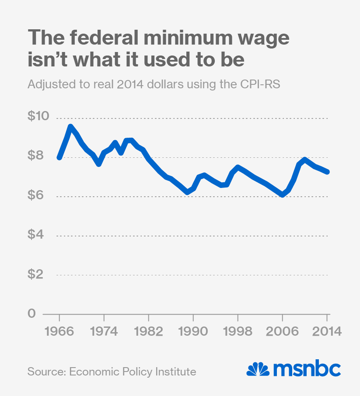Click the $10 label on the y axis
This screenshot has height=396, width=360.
point(38,117)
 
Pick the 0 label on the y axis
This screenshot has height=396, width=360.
point(32,314)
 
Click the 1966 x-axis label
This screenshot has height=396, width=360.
point(59,331)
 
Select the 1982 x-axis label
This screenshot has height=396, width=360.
point(149,331)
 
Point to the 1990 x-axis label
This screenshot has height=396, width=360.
point(193,331)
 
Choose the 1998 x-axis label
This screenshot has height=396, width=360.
point(238,331)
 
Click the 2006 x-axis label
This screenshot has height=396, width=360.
point(283,331)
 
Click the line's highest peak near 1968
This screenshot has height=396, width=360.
point(70,127)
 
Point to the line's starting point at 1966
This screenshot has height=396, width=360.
point(59,157)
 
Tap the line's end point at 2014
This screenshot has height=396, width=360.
point(327,172)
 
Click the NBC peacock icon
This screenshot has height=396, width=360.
point(258,369)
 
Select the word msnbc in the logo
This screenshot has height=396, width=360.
point(307,369)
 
